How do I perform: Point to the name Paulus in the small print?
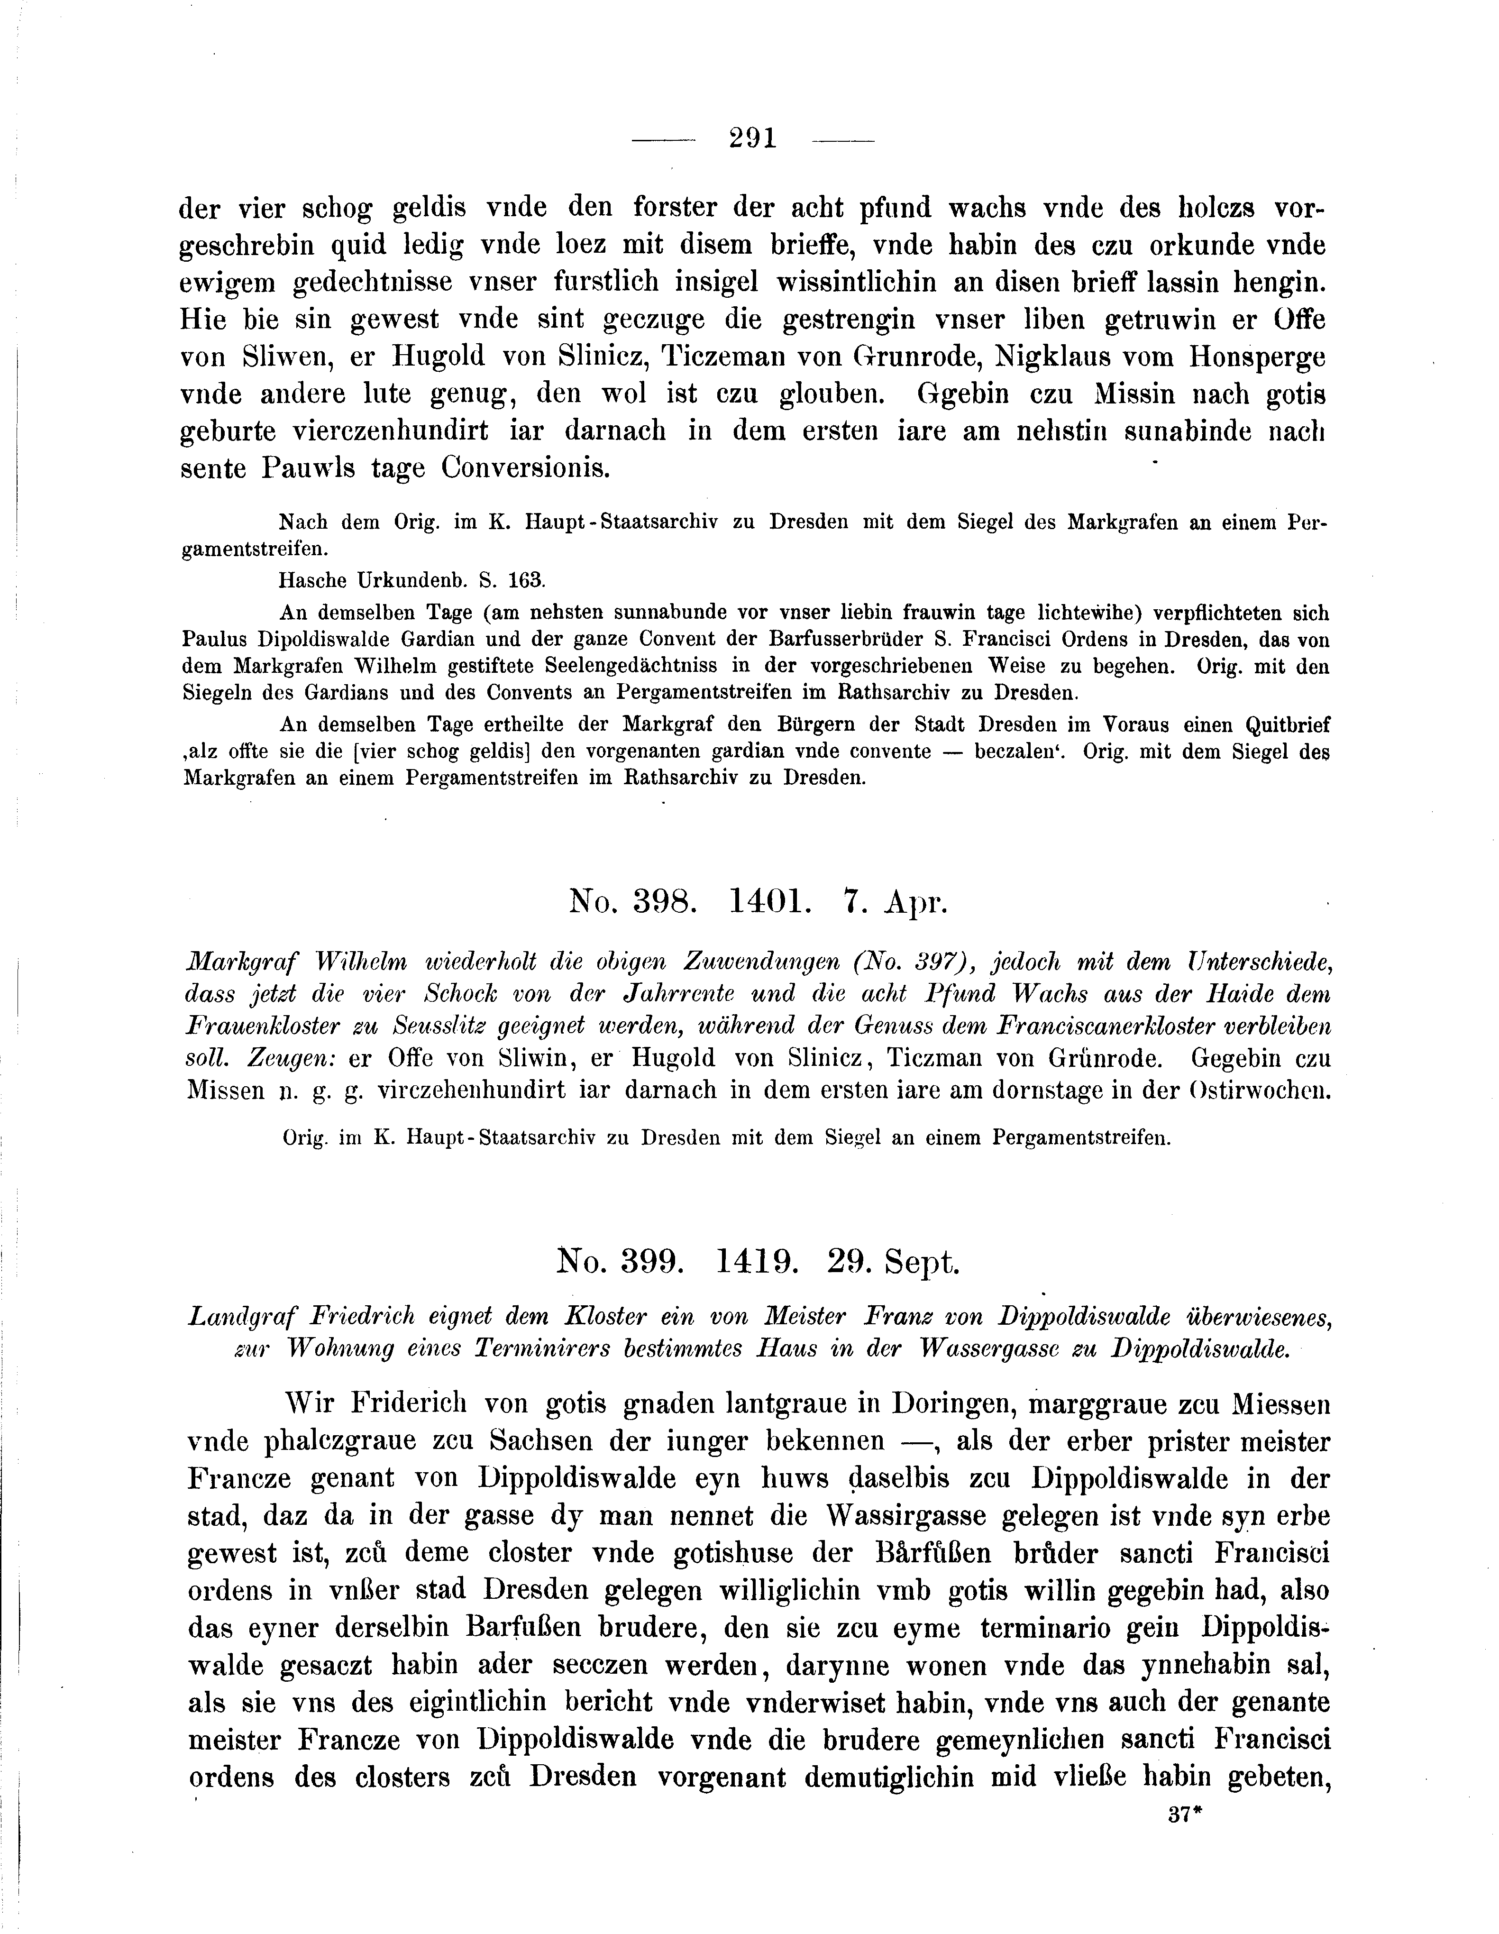211,640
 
